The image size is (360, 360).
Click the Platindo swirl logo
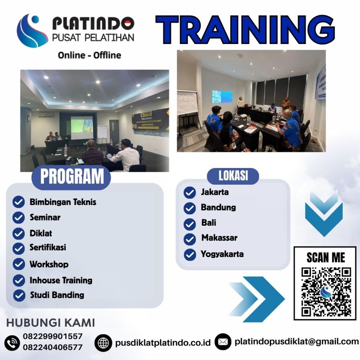(32, 31)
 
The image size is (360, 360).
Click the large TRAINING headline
(245, 30)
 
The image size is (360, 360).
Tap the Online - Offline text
(89, 55)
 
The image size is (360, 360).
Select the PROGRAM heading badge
(72, 177)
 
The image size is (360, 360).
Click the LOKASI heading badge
(233, 176)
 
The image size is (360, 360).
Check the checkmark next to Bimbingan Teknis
(19, 202)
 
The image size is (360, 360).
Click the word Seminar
(45, 217)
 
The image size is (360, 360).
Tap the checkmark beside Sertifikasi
(19, 248)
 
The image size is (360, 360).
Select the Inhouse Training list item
(61, 280)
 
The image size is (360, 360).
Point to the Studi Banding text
(57, 295)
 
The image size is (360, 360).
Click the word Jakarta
(214, 192)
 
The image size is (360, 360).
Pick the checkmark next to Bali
(189, 224)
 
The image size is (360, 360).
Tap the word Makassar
(219, 238)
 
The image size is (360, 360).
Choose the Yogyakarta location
(222, 254)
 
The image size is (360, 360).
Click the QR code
(326, 291)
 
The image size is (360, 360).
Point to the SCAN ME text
(326, 257)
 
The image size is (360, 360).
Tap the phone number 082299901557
(53, 336)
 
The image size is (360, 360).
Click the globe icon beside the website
(103, 342)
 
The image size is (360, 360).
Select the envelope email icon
(223, 342)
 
